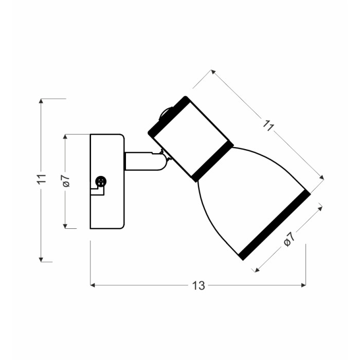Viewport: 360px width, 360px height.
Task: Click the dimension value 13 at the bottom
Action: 199,285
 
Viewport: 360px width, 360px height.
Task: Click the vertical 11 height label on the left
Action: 42,178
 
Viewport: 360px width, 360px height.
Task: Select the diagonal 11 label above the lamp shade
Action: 268,125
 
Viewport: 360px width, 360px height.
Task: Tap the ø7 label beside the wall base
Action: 66,181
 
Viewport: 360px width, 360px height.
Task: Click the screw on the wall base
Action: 101,182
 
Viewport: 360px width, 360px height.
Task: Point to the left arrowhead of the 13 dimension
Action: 92,285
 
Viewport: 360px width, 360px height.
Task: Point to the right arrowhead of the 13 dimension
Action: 303,285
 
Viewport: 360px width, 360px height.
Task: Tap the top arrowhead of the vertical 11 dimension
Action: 41,101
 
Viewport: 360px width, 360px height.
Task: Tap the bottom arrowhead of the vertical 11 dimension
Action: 41,259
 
